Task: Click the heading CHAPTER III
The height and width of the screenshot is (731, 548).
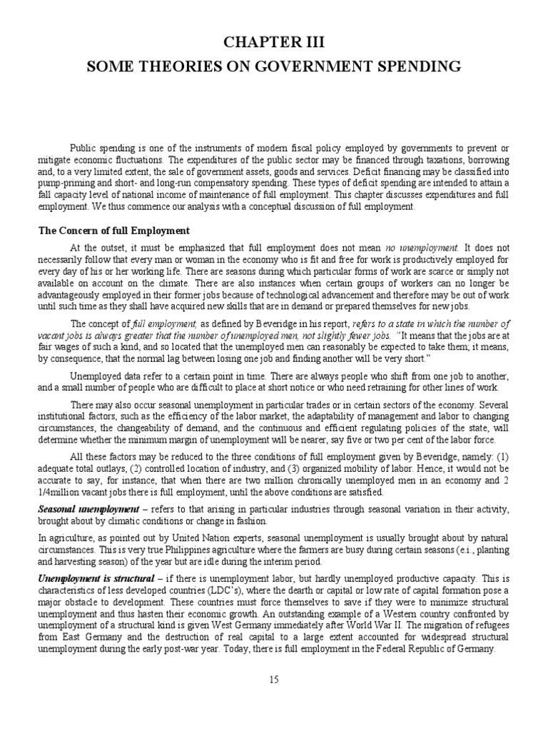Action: [x=274, y=44]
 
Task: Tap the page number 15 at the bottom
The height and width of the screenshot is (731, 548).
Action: [x=274, y=680]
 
